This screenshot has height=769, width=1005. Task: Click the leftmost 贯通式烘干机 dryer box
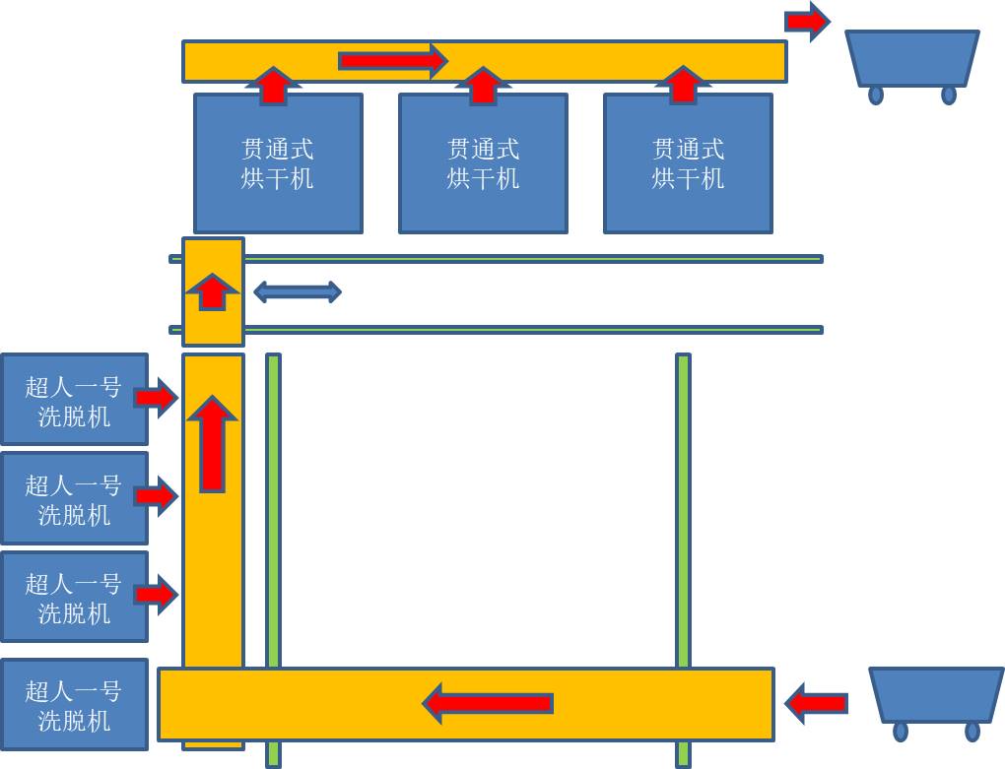pos(278,163)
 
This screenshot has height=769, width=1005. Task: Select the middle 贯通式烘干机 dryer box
pos(483,163)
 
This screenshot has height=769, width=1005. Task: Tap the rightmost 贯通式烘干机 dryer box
pos(688,163)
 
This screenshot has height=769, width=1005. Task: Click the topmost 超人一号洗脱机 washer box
pos(74,400)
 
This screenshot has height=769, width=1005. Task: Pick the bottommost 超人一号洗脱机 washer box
pos(74,705)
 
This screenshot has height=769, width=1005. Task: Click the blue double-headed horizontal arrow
pos(298,291)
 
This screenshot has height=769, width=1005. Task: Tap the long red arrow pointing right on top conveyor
pos(392,61)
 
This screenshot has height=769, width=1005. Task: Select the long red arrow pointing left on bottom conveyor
pos(488,703)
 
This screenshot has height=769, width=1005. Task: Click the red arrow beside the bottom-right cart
pos(817,703)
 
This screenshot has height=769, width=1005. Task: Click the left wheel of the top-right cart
pos(876,95)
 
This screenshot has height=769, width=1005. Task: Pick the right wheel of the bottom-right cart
pos(972,732)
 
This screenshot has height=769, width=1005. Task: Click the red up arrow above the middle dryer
pos(483,86)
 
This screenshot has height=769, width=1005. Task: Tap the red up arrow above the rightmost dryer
pos(683,85)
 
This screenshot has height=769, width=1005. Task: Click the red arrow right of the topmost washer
pos(156,397)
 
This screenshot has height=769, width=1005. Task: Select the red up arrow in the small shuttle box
pos(213,291)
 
